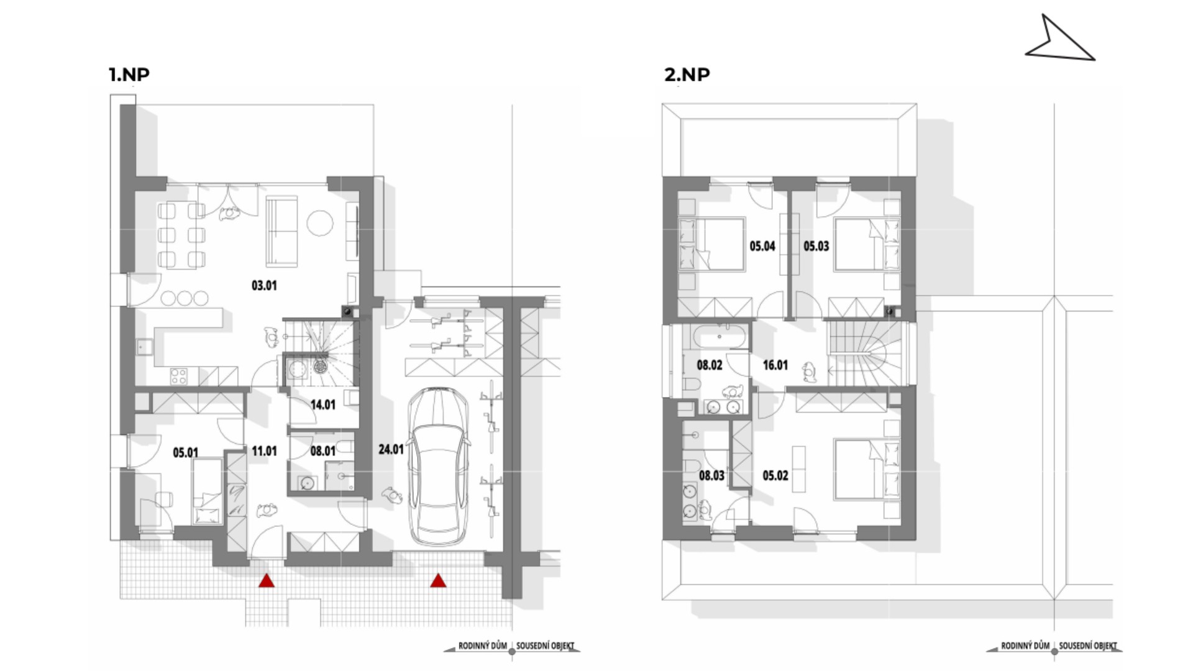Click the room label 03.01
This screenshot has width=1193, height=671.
pyautogui.click(x=264, y=286)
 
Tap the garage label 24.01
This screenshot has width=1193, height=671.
pyautogui.click(x=391, y=449)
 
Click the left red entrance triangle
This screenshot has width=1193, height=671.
pyautogui.click(x=267, y=580)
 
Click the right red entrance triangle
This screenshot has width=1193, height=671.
pyautogui.click(x=438, y=580)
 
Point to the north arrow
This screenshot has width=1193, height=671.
pyautogui.click(x=1058, y=40)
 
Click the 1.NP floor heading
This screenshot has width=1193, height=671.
pyautogui.click(x=129, y=75)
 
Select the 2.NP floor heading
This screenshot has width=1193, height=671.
pyautogui.click(x=687, y=75)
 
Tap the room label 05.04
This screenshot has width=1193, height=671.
pyautogui.click(x=762, y=246)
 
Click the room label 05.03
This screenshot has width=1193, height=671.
pyautogui.click(x=816, y=246)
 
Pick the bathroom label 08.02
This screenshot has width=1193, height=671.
pyautogui.click(x=710, y=365)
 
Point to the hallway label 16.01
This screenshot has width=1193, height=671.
pyautogui.click(x=775, y=365)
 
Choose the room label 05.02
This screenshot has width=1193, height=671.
pyautogui.click(x=775, y=476)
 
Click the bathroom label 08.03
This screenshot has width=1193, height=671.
pyautogui.click(x=711, y=476)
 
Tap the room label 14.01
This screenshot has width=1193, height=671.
pyautogui.click(x=322, y=405)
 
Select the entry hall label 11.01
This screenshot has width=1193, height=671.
pyautogui.click(x=264, y=451)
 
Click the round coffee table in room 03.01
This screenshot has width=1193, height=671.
pyautogui.click(x=321, y=223)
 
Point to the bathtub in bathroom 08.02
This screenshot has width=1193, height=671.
pyautogui.click(x=719, y=337)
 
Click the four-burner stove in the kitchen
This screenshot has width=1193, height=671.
pyautogui.click(x=179, y=375)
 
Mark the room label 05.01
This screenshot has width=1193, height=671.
pyautogui.click(x=185, y=453)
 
